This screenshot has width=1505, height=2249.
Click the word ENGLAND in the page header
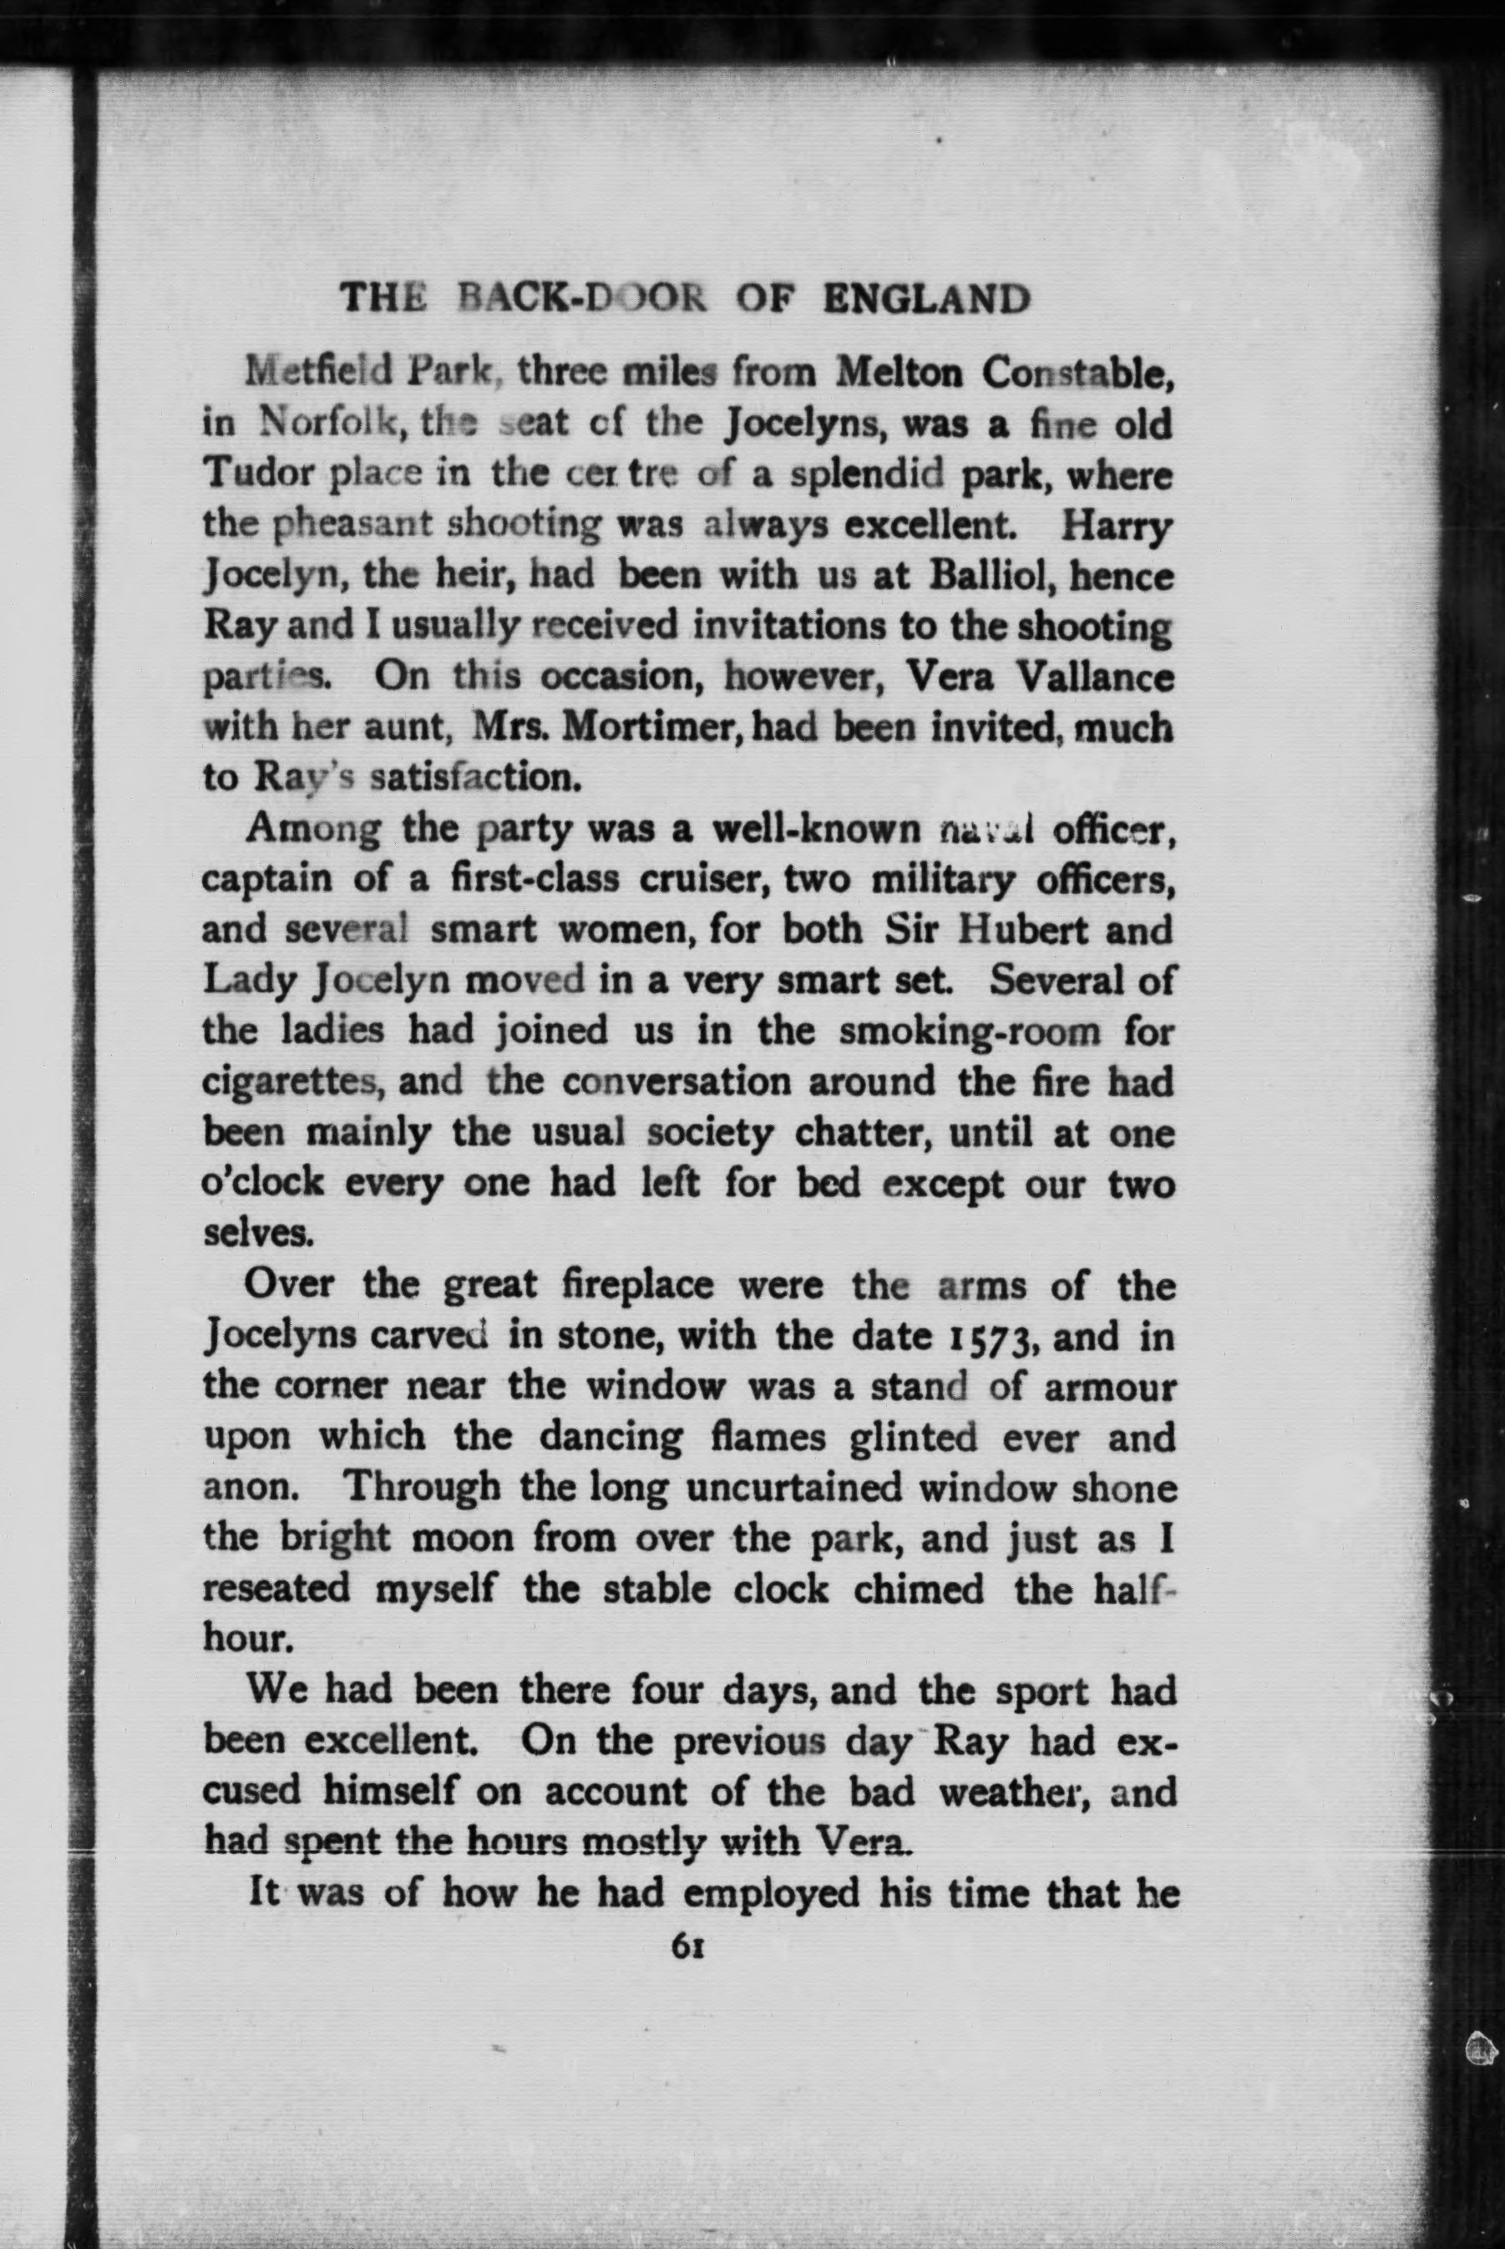pos(926,301)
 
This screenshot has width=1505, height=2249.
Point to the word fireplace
pos(637,1285)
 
